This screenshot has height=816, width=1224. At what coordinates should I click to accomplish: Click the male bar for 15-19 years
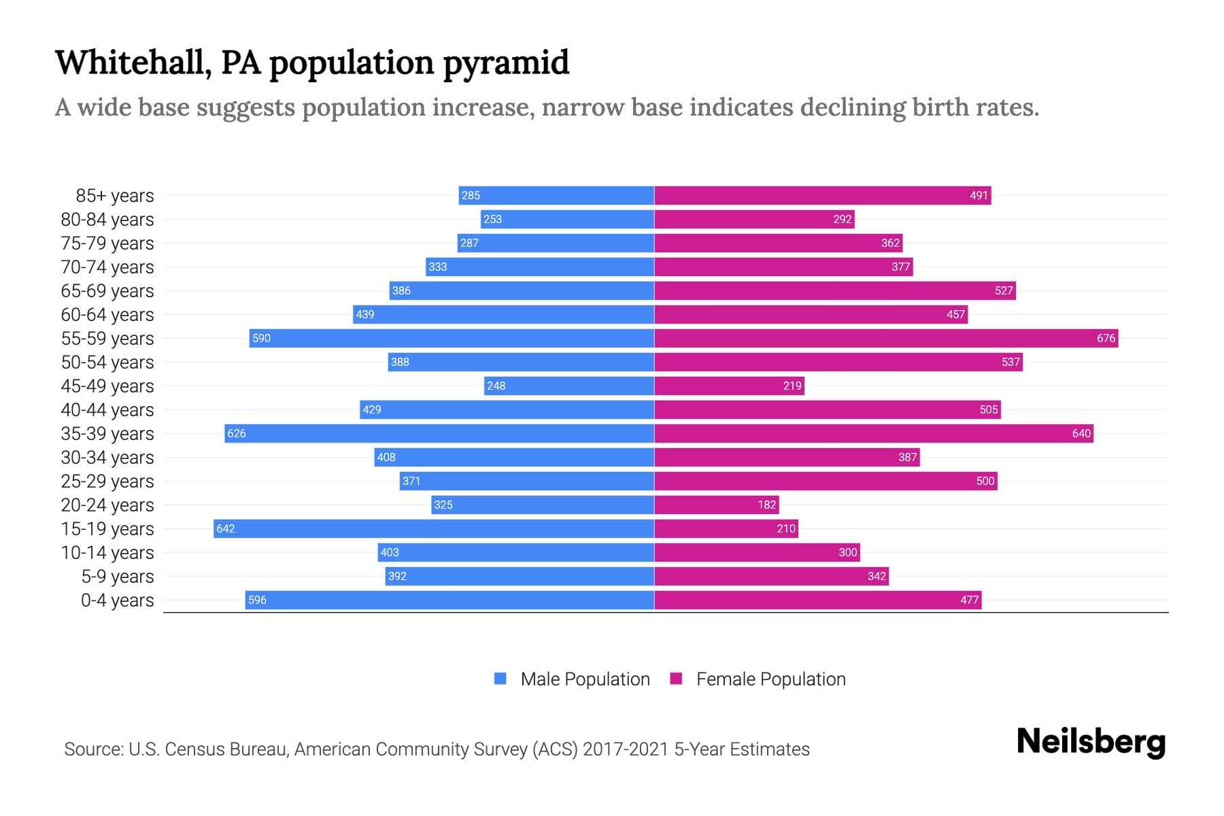pyautogui.click(x=434, y=528)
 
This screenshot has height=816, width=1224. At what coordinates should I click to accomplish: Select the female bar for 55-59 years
pyautogui.click(x=886, y=338)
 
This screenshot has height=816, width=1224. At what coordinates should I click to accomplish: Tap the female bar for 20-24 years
pyautogui.click(x=716, y=505)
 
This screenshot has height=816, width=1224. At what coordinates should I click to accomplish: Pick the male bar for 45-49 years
pyautogui.click(x=569, y=386)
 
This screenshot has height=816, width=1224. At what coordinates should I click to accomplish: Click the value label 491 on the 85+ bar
pyautogui.click(x=979, y=196)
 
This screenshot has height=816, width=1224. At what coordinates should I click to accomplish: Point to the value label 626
pyautogui.click(x=237, y=434)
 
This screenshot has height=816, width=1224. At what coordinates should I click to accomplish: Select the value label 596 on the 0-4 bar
pyautogui.click(x=257, y=600)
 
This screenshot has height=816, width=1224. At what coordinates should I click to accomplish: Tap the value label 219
pyautogui.click(x=792, y=386)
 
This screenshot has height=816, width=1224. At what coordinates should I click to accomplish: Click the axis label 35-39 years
pyautogui.click(x=107, y=434)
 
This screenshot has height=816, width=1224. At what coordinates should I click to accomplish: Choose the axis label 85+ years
pyautogui.click(x=115, y=196)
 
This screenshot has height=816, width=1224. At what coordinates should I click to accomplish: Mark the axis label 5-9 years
pyautogui.click(x=118, y=577)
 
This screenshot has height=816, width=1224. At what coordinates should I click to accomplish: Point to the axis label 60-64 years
pyautogui.click(x=107, y=315)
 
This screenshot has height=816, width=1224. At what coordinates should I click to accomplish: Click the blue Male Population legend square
pyautogui.click(x=500, y=679)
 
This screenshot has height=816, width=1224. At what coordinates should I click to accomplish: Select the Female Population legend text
pyautogui.click(x=770, y=679)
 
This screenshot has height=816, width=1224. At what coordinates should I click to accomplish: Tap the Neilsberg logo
pyautogui.click(x=1091, y=741)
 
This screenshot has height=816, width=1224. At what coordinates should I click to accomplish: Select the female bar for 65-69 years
pyautogui.click(x=835, y=290)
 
